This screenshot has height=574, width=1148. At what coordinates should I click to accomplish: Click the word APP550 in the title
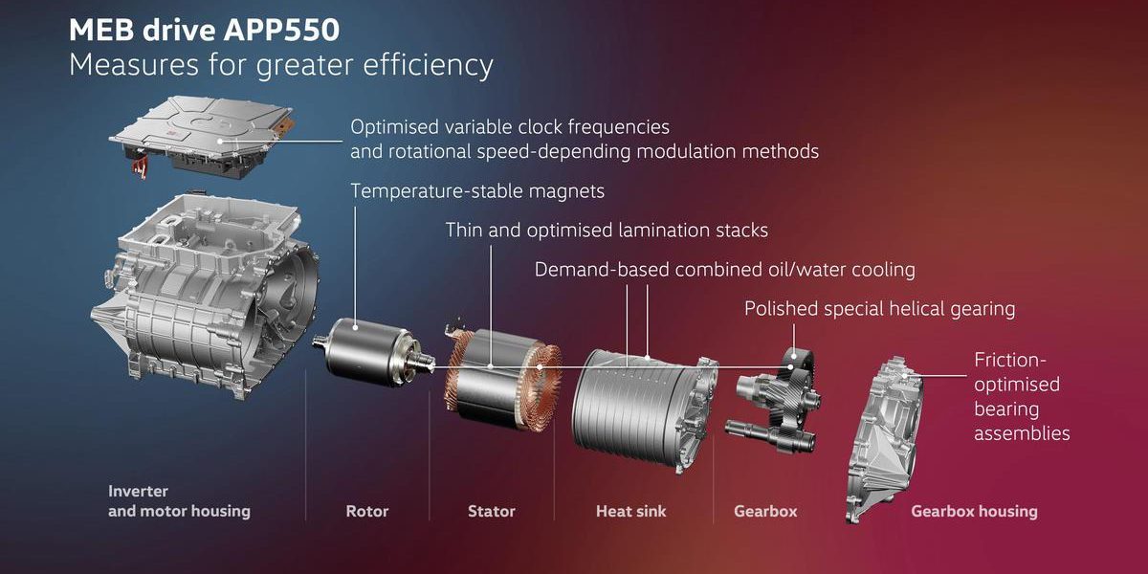point(281,30)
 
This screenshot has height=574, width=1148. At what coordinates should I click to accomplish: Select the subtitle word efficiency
point(428,66)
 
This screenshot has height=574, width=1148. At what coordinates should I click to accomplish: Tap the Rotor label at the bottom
point(367,511)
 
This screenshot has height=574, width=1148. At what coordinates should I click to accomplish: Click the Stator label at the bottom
point(491,511)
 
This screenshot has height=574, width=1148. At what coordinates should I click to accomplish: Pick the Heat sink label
point(630,511)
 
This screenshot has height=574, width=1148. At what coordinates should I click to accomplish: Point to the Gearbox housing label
point(974,511)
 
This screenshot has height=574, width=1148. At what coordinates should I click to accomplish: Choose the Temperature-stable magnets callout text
point(477,191)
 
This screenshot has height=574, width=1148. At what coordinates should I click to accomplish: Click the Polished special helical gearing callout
point(879,309)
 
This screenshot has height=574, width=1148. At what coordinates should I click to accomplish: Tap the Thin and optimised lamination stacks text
point(607,231)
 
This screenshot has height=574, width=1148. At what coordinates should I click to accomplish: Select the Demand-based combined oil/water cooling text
point(725,270)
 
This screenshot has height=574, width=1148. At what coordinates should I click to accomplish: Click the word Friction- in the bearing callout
point(1009,360)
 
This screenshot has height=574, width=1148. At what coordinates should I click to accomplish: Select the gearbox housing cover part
point(884,441)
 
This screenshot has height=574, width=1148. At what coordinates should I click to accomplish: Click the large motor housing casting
point(205,298)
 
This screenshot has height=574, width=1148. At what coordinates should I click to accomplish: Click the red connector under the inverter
point(139,168)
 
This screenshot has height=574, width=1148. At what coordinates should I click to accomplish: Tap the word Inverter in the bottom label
point(138,491)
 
